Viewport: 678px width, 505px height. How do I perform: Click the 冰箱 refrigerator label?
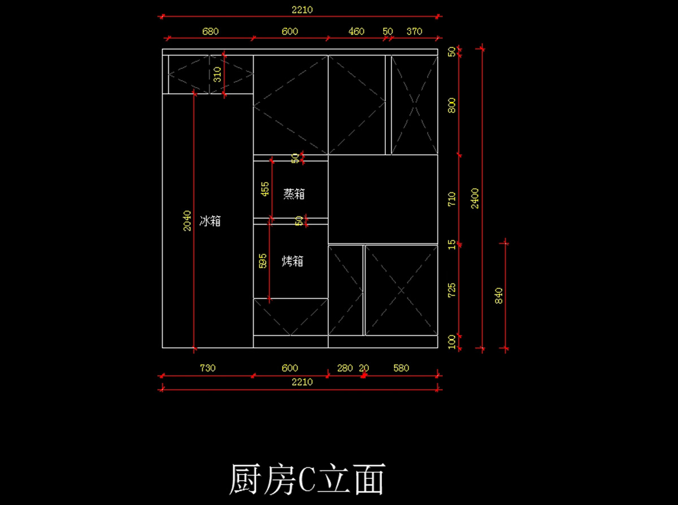[210, 221]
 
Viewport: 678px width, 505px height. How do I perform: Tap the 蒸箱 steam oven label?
[294, 194]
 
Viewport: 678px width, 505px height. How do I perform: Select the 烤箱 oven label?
[293, 261]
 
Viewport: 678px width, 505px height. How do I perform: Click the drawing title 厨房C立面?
[307, 480]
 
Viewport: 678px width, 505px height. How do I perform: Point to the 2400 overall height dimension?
[475, 198]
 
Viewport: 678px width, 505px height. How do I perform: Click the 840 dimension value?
[498, 296]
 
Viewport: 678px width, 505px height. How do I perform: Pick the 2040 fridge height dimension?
[187, 221]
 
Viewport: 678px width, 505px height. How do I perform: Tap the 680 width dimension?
[210, 32]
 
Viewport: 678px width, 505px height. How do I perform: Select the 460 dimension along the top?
[357, 32]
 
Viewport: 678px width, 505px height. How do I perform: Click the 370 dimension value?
[414, 32]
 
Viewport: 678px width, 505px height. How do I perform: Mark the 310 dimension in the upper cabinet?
[217, 75]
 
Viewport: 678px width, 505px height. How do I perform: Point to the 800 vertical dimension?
[452, 106]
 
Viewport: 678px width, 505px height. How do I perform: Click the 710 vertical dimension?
[452, 198]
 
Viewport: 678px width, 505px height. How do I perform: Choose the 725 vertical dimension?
[452, 291]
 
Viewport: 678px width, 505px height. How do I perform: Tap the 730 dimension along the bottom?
[207, 368]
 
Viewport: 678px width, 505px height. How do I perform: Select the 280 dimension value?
[345, 368]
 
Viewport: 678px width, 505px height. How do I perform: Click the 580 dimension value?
[401, 368]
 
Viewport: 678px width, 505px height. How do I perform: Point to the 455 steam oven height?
[264, 188]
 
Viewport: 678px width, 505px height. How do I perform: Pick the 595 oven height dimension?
[263, 261]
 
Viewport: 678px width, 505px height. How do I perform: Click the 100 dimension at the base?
[452, 342]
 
